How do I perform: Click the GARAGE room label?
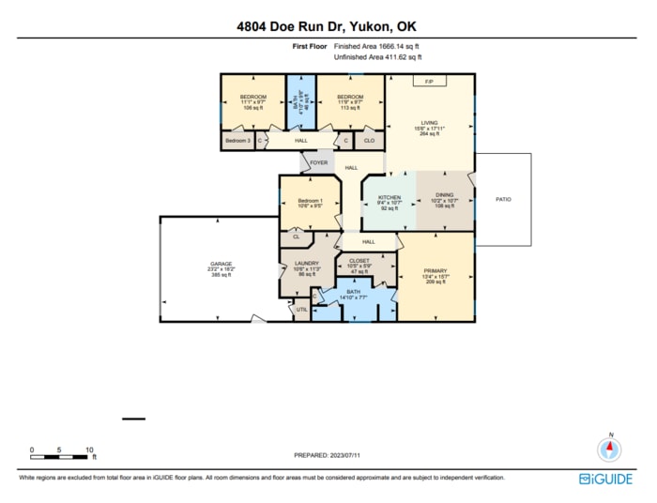click(x=221, y=264)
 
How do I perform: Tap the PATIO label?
click(x=503, y=199)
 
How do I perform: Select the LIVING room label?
click(x=429, y=122)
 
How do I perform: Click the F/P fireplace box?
click(x=429, y=82)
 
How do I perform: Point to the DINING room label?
click(x=444, y=195)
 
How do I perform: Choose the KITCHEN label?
click(x=390, y=198)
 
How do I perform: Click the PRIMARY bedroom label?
click(x=435, y=270)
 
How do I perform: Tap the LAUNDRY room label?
click(x=307, y=264)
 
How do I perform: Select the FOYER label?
click(x=318, y=160)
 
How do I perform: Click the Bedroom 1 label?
click(x=311, y=201)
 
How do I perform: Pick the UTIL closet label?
click(x=301, y=309)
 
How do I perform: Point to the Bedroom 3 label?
click(x=237, y=141)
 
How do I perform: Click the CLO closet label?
click(x=369, y=141)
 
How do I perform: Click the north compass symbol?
click(x=611, y=448)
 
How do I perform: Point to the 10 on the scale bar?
click(x=89, y=450)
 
